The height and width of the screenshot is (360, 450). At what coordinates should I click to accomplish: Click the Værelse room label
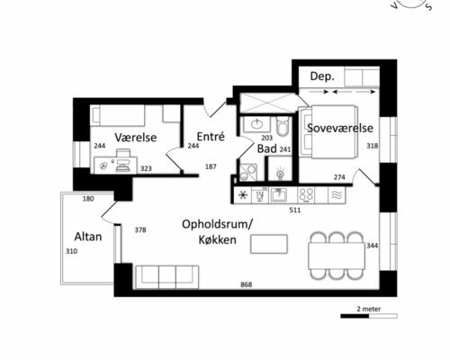136,138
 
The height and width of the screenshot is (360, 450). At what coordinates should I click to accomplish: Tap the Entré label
211,137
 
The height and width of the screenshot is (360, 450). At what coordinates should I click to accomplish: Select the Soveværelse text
340,128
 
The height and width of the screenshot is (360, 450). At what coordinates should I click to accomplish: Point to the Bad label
267,148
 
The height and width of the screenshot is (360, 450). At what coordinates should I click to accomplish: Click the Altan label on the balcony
88,237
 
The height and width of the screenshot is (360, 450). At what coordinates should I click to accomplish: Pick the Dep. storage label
322,76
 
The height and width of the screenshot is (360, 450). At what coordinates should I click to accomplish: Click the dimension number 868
246,284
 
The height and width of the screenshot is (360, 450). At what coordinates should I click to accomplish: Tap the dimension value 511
294,210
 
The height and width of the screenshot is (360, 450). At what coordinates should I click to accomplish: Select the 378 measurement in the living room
140,229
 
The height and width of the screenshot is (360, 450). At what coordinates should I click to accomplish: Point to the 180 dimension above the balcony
88,199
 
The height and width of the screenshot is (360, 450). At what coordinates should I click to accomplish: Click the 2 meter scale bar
369,316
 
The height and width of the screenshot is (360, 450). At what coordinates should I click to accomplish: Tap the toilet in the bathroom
283,127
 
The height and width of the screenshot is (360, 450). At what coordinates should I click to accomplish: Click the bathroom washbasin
256,123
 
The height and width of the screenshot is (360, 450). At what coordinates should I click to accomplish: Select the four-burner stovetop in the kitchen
306,195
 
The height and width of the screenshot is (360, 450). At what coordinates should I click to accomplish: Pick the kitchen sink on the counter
278,195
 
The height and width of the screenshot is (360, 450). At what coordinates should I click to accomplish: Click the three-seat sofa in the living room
166,276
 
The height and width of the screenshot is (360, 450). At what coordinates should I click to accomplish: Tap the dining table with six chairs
337,256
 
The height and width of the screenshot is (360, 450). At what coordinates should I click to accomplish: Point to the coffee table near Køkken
269,244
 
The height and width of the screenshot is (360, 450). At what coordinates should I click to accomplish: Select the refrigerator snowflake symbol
243,195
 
